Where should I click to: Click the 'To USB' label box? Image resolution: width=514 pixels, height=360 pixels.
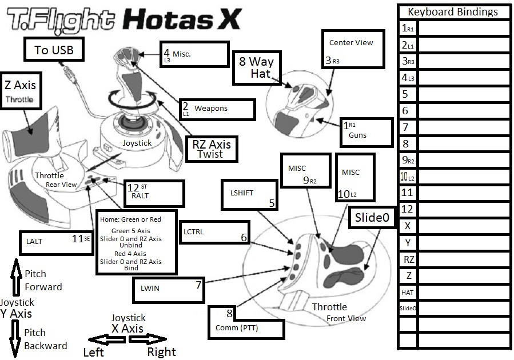(x=54, y=50)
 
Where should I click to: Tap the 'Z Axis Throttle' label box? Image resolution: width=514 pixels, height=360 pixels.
(x=20, y=91)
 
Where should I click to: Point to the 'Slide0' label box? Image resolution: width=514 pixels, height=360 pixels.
(x=372, y=218)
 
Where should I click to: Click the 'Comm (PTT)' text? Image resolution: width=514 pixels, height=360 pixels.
(x=237, y=328)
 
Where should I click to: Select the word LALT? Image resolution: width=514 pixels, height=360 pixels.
(x=34, y=241)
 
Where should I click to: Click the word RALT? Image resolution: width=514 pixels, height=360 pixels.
(x=140, y=195)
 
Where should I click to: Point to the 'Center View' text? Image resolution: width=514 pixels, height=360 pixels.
(x=351, y=42)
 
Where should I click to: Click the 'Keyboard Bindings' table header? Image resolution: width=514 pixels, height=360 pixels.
(x=452, y=11)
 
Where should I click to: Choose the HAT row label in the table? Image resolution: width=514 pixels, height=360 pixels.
(x=407, y=292)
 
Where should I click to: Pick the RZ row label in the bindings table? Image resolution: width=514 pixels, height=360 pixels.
(x=407, y=259)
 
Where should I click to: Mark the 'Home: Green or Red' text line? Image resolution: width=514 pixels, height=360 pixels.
(x=130, y=219)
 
